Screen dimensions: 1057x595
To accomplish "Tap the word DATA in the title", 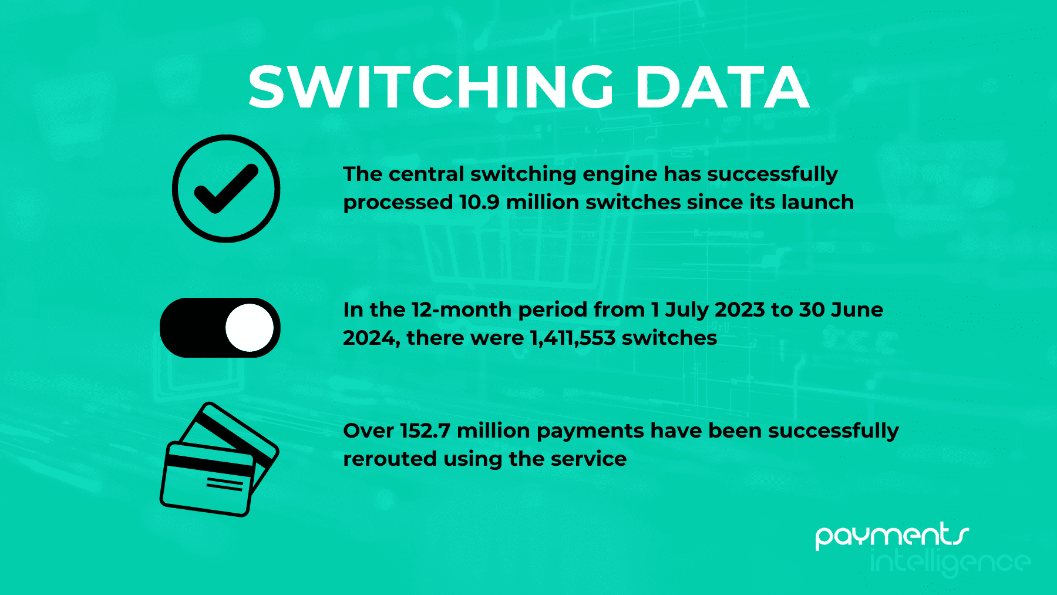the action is pyautogui.click(x=723, y=87).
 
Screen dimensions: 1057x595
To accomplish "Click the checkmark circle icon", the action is pyautogui.click(x=226, y=189).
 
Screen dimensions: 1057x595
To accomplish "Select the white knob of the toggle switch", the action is pyautogui.click(x=250, y=328).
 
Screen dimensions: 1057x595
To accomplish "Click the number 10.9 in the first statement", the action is pyautogui.click(x=479, y=202).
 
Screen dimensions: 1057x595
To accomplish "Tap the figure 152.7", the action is pyautogui.click(x=425, y=431).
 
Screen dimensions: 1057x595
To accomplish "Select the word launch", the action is pyautogui.click(x=817, y=202).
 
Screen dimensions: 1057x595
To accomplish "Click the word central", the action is pyautogui.click(x=425, y=174).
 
